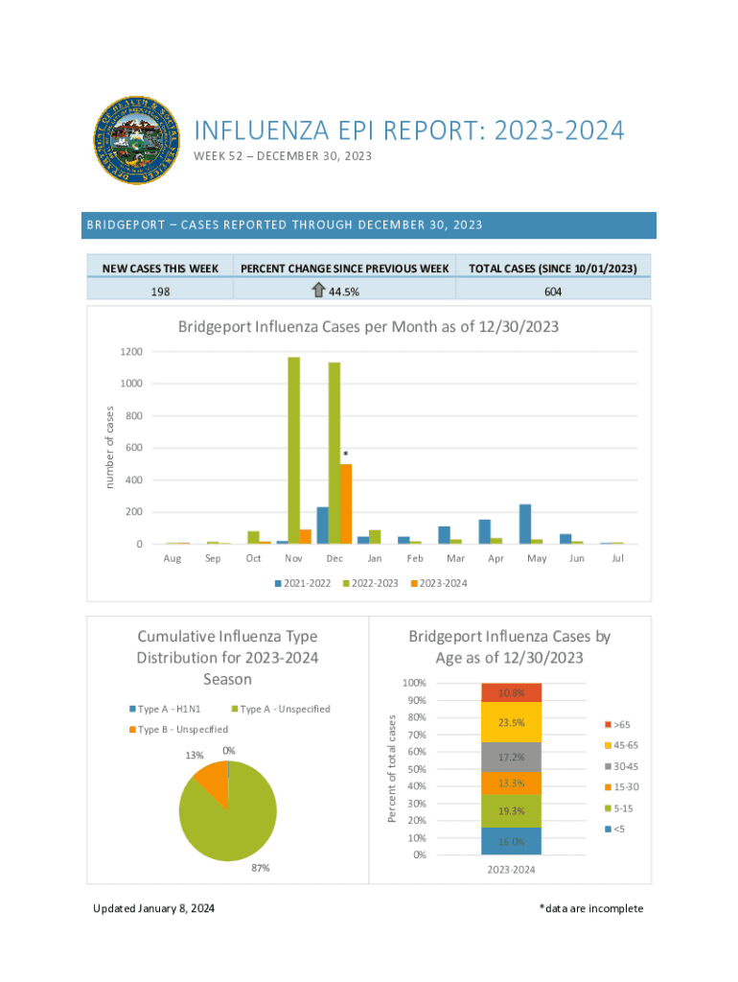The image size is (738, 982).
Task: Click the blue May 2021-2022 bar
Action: pos(525,524)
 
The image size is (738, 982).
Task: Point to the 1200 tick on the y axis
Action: pos(131,352)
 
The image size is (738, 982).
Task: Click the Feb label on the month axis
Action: pos(415,558)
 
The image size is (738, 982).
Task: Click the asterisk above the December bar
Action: pos(345,454)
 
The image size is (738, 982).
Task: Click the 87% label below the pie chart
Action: pos(260,868)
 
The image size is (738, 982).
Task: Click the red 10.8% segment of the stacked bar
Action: pos(511,692)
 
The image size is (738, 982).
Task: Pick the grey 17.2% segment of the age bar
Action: pos(511,757)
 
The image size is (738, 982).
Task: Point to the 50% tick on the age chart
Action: pos(414,769)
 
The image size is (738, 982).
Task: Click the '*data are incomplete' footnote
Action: pos(590,909)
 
